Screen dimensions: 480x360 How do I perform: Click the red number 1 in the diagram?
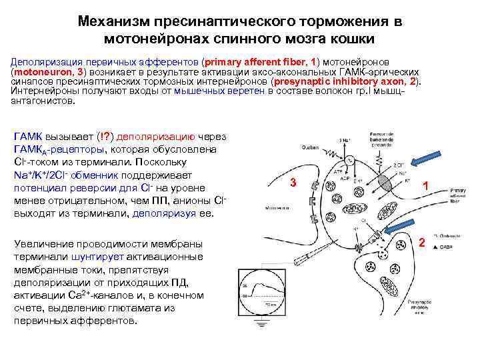tap(425, 189)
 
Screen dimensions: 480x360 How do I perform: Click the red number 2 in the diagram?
tap(421, 242)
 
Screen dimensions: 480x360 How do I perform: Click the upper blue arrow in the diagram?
tap(421, 161)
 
